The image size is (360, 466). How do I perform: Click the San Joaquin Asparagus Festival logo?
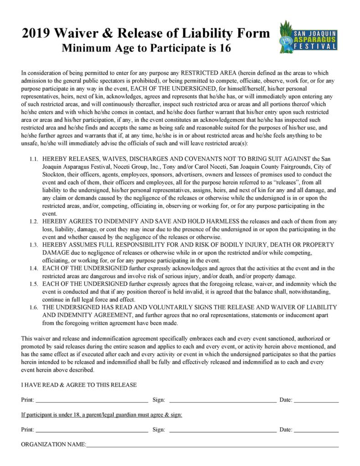(309, 37)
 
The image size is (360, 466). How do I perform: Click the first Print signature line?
(92, 402)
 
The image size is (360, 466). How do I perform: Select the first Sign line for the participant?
(222, 402)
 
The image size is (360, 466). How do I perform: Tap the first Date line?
(316, 402)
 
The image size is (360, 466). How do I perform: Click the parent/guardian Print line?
(92, 431)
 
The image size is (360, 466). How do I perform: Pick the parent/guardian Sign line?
(222, 431)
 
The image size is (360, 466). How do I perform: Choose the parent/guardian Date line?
(316, 431)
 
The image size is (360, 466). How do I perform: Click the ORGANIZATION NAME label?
(53, 444)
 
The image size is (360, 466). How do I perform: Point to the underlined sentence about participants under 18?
(102, 415)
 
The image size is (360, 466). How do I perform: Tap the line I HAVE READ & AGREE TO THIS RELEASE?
(79, 385)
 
